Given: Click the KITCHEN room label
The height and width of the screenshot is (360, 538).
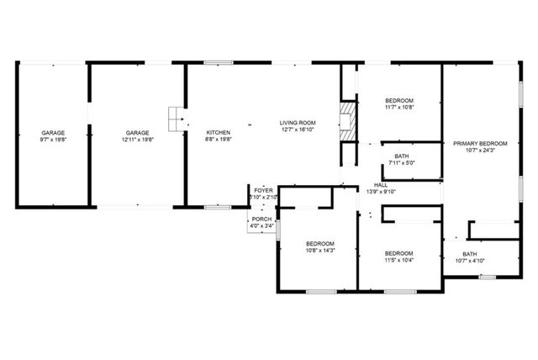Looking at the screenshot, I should [219, 132].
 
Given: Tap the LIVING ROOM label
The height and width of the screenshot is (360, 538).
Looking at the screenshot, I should [298, 123].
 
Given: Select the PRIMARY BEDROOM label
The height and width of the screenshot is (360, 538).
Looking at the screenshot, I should [480, 144].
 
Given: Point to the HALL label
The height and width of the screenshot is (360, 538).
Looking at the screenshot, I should [381, 185].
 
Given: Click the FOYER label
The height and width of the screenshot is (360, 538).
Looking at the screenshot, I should [264, 191].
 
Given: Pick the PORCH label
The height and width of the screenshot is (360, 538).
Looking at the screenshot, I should [262, 219].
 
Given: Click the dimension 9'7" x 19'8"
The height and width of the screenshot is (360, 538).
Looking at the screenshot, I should [54, 139].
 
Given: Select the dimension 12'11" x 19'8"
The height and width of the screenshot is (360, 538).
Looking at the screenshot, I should [138, 139].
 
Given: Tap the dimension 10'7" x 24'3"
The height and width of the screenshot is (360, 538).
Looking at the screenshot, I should [480, 151].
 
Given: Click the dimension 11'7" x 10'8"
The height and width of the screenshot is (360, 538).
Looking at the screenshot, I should [399, 107].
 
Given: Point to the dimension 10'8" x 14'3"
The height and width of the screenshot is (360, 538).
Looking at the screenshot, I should [319, 250].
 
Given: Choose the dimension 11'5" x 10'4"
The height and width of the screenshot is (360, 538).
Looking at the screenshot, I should [399, 260].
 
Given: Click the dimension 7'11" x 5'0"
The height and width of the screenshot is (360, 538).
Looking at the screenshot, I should [402, 163].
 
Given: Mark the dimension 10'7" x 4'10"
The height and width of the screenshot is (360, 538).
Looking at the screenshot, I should [469, 261].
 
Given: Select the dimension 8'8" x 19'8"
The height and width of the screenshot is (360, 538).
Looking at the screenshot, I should [219, 139].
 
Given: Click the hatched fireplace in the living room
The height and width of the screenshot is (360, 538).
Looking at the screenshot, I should [347, 120].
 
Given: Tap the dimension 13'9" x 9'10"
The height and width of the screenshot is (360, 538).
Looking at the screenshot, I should [381, 192].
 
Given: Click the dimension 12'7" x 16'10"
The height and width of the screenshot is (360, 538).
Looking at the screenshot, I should [298, 130].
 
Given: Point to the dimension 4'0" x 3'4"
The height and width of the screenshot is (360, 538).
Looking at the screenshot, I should [262, 225].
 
